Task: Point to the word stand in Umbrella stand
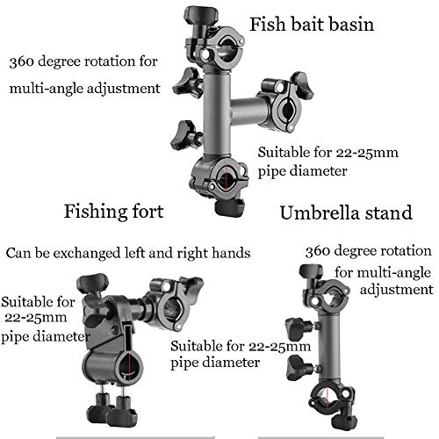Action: (x=387, y=212)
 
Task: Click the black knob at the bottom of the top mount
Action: (x=230, y=206)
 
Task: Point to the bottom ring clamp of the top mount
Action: (x=220, y=177)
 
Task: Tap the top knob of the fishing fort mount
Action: (x=92, y=284)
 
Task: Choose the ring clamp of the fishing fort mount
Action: (x=170, y=305)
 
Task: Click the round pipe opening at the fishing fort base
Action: (x=128, y=366)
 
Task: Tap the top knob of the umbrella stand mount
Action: (x=311, y=273)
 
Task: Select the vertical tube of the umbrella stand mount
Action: (x=329, y=348)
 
